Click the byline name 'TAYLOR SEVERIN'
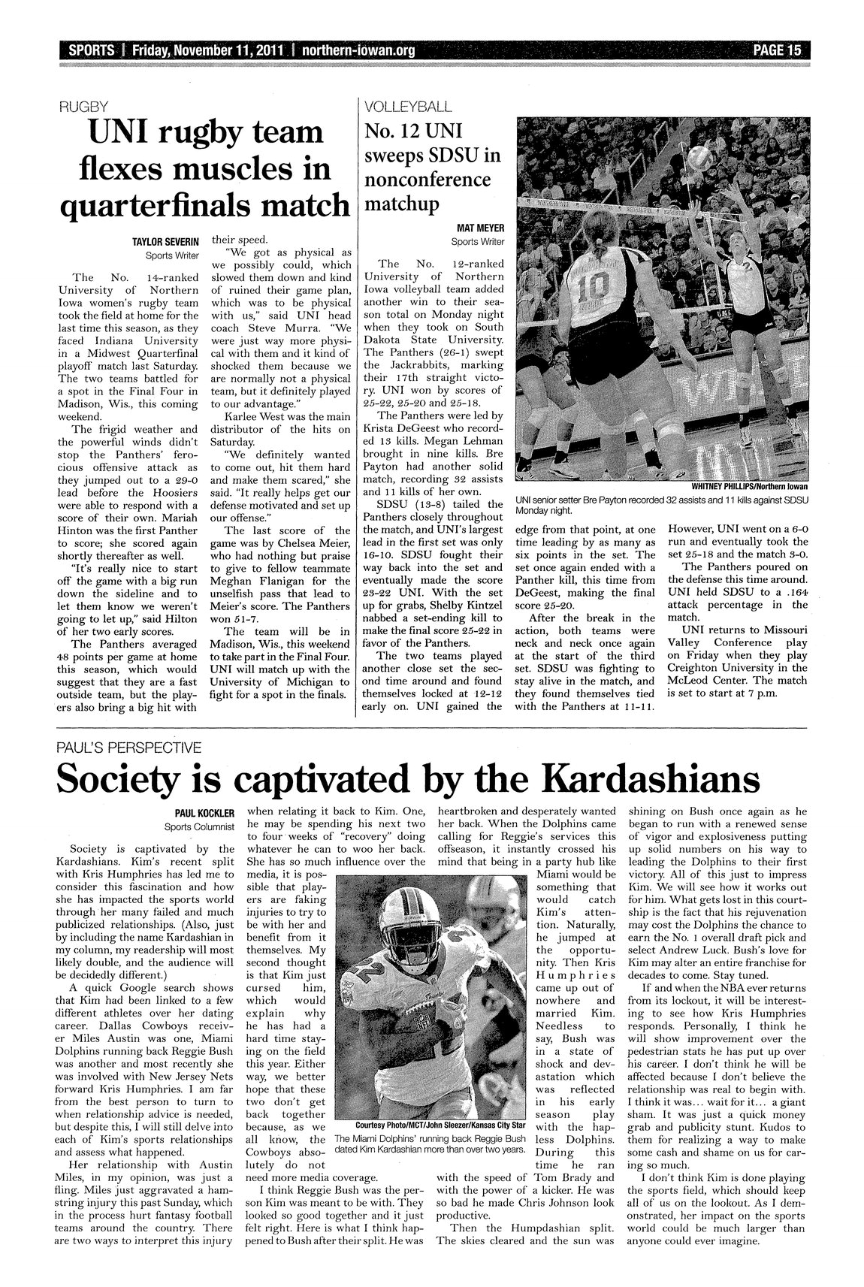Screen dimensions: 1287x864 (166, 242)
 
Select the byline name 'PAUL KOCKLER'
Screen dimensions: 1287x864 (206, 813)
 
